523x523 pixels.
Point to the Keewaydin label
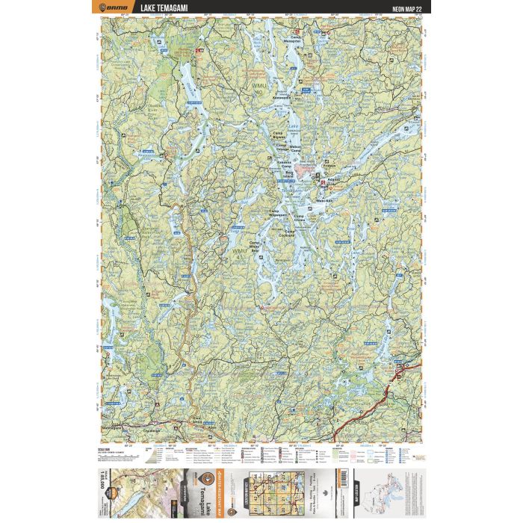[282, 96]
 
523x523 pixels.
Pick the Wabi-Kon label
[324, 200]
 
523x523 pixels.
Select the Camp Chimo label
[300, 217]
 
